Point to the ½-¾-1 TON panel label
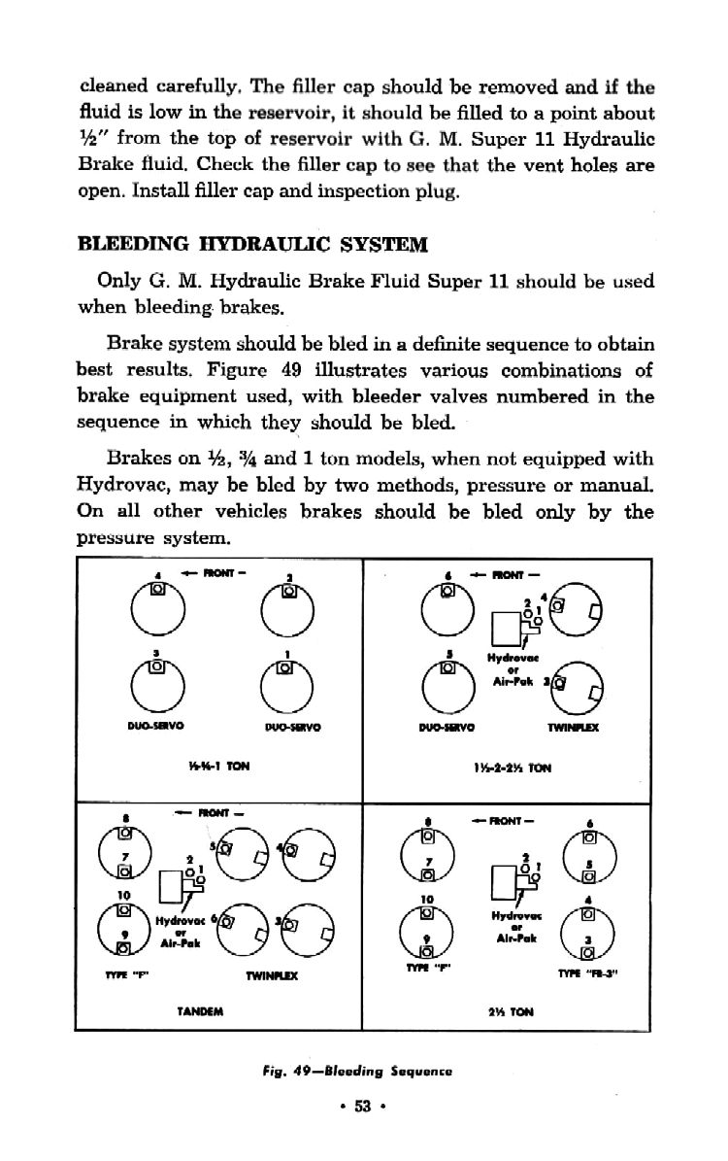pos(216,764)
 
